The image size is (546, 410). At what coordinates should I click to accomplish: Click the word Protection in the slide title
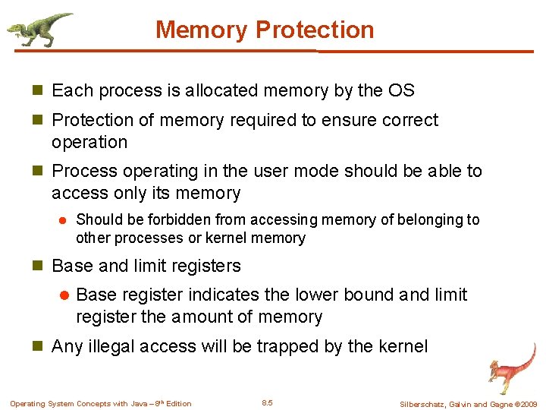[315, 30]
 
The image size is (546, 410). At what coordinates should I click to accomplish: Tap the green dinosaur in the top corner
[39, 29]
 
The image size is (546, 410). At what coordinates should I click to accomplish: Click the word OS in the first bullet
[401, 91]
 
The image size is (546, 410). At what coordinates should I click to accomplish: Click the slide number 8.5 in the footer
[267, 402]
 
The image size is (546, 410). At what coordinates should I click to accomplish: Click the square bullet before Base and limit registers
[39, 266]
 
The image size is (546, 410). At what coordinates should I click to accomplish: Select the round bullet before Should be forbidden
[64, 220]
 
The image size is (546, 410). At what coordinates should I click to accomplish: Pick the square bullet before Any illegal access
[39, 347]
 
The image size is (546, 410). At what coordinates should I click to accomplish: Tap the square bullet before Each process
[39, 91]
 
